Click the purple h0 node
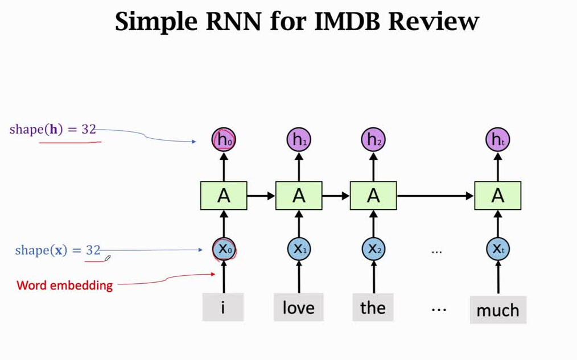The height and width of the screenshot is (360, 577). click(223, 139)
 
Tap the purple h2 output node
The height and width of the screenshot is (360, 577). click(373, 139)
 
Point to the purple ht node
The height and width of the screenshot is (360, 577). click(498, 139)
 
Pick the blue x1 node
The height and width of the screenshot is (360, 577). click(299, 249)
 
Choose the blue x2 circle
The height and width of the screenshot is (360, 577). click(373, 249)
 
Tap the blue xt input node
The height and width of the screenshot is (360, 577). click(498, 249)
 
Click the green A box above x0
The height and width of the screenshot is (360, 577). click(223, 196)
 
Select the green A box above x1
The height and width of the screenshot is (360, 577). click(299, 196)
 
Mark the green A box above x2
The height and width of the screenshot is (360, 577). click(373, 196)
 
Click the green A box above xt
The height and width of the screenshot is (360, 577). click(498, 196)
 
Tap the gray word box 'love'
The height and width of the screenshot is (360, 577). click(299, 308)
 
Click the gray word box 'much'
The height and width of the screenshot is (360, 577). click(498, 310)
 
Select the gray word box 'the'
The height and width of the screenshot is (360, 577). click(373, 308)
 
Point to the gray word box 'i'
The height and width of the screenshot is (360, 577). click(223, 308)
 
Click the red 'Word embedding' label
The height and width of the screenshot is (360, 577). click(64, 285)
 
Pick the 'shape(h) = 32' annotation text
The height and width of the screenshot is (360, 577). click(53, 129)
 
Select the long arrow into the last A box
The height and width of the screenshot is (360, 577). click(435, 196)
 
